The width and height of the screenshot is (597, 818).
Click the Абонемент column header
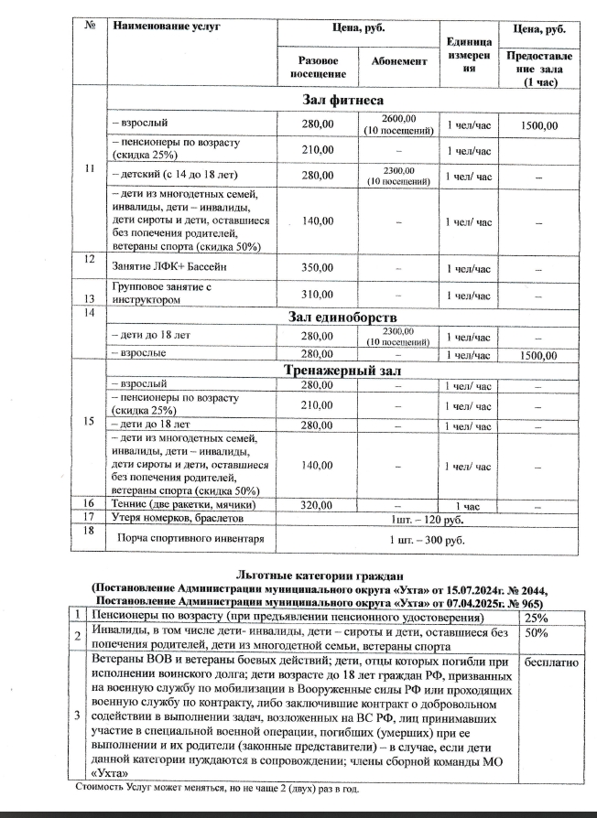[399, 61]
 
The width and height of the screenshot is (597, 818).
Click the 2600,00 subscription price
[399, 119]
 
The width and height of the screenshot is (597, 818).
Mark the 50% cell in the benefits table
[537, 631]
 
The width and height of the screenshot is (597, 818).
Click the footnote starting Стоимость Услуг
[215, 787]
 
